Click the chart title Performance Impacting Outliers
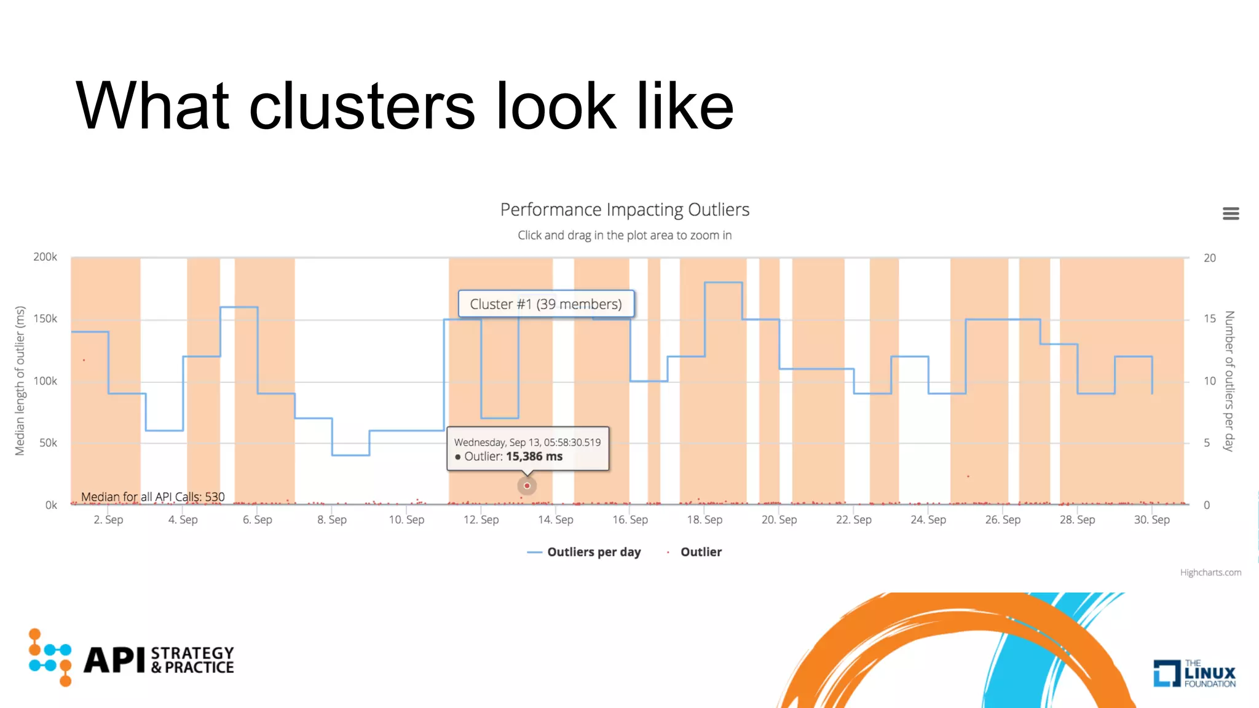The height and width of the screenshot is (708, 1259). pyautogui.click(x=625, y=210)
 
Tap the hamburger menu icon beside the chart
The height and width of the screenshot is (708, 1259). pyautogui.click(x=1230, y=213)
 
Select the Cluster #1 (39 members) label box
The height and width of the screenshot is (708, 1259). pyautogui.click(x=546, y=304)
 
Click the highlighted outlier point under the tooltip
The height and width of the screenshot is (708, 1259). pyautogui.click(x=527, y=486)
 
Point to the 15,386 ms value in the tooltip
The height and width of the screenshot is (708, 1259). pyautogui.click(x=534, y=457)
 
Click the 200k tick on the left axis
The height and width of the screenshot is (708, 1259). pyautogui.click(x=45, y=257)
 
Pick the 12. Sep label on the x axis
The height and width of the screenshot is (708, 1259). pyautogui.click(x=481, y=520)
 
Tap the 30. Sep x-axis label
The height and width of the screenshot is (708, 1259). pyautogui.click(x=1151, y=520)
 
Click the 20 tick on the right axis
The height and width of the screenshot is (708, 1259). pyautogui.click(x=1209, y=258)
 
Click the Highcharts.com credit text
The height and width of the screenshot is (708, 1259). pyautogui.click(x=1210, y=573)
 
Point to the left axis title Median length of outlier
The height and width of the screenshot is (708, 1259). pyautogui.click(x=20, y=381)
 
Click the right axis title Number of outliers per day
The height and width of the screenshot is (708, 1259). pyautogui.click(x=1229, y=381)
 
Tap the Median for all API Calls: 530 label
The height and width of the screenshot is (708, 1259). pyautogui.click(x=152, y=497)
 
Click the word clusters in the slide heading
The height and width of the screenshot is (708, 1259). pyautogui.click(x=361, y=107)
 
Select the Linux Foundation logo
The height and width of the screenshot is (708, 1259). pyautogui.click(x=1194, y=673)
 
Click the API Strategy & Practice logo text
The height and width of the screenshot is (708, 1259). pyautogui.click(x=159, y=660)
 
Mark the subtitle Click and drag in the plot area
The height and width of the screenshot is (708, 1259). pyautogui.click(x=625, y=235)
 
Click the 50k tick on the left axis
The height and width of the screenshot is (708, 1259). pyautogui.click(x=48, y=443)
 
